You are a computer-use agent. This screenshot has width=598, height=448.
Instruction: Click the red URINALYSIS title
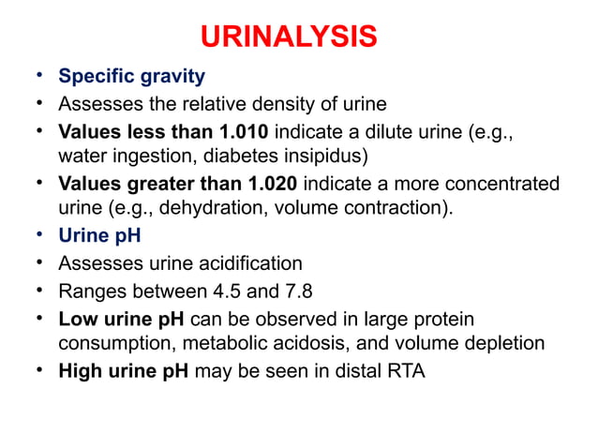[x=290, y=37]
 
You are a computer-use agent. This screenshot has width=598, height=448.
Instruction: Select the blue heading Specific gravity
[x=131, y=74]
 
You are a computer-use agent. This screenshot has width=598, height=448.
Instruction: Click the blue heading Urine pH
[x=98, y=236]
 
